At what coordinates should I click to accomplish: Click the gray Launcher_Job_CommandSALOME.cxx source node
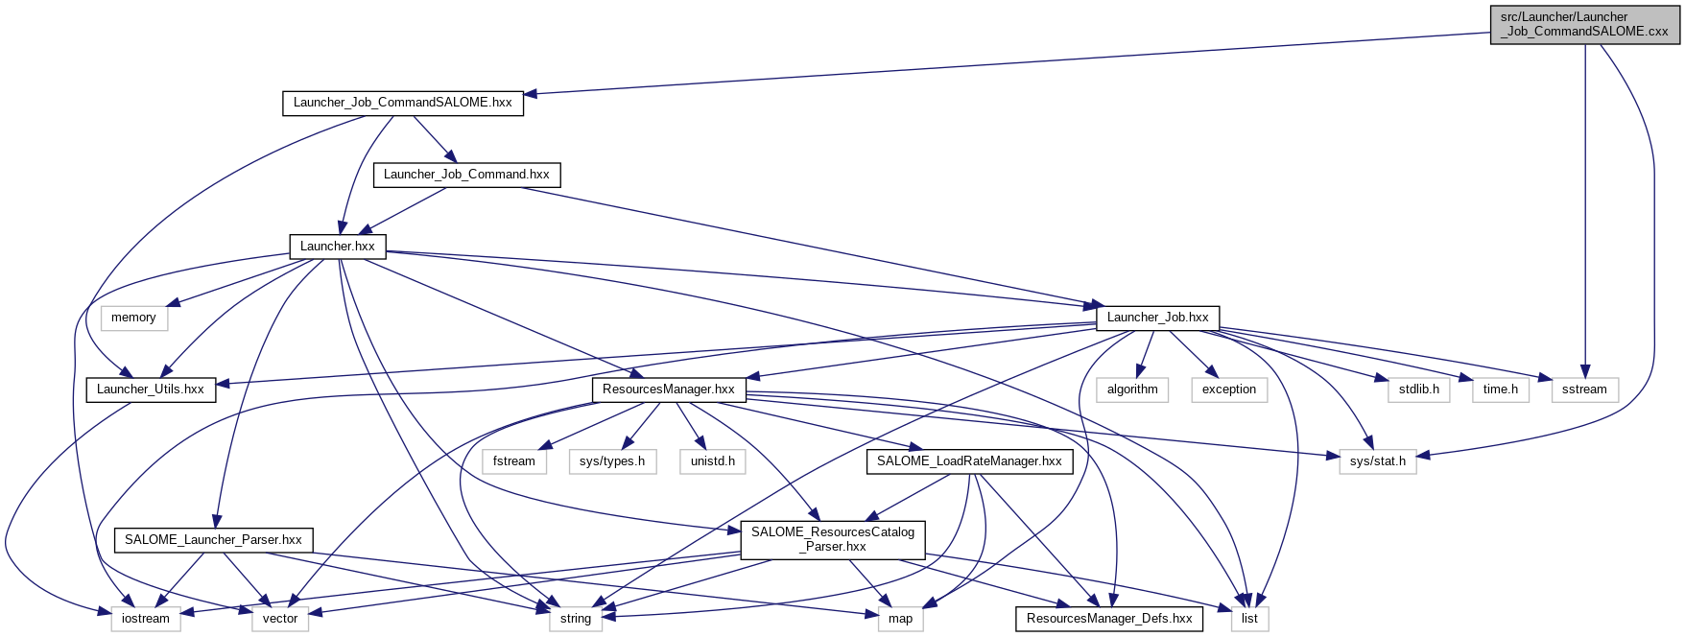tap(1585, 24)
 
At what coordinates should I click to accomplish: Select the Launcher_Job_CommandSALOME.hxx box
tap(402, 103)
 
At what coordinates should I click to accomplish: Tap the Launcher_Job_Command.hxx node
tap(466, 175)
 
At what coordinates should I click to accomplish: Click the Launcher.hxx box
tap(338, 247)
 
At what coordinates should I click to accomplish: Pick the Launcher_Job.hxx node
tap(1157, 318)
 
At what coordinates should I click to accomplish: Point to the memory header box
tap(133, 318)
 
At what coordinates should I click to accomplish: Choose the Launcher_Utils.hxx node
tap(151, 389)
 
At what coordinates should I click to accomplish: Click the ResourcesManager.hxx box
tap(669, 389)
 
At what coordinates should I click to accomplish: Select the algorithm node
tap(1132, 389)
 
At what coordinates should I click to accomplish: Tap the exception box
tap(1229, 389)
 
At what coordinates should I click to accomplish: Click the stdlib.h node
tap(1419, 389)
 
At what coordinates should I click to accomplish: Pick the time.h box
tap(1501, 389)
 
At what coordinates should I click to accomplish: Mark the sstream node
tap(1584, 389)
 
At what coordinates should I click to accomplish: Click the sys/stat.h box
tap(1378, 461)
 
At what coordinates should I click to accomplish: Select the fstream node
tap(514, 461)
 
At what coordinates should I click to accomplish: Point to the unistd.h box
tap(713, 461)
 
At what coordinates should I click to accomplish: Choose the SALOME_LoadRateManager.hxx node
tap(969, 461)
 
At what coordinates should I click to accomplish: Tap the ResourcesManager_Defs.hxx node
tap(1109, 619)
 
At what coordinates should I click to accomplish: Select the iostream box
tap(146, 619)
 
